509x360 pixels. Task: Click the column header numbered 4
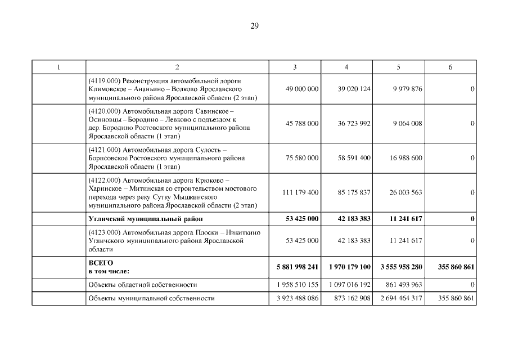(346, 67)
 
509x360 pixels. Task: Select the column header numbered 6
(450, 67)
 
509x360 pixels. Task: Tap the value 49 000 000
(302, 89)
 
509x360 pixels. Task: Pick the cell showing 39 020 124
(354, 89)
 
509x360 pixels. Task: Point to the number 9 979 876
(406, 89)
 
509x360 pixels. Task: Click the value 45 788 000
(302, 124)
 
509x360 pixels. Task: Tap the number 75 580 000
(302, 159)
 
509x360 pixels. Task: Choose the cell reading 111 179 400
(300, 193)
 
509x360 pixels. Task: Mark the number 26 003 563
(406, 193)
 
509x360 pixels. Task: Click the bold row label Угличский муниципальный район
(145, 219)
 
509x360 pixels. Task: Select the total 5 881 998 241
(298, 267)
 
